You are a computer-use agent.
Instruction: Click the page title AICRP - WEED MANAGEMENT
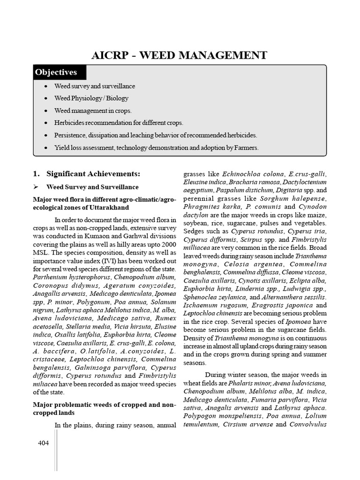(x=179, y=55)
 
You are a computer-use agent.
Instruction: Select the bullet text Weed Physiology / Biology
(x=91, y=98)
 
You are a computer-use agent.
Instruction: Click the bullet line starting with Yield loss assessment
(x=157, y=148)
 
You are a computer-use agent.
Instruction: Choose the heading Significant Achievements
(x=93, y=174)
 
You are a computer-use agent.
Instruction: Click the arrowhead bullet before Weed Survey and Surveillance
(x=36, y=187)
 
